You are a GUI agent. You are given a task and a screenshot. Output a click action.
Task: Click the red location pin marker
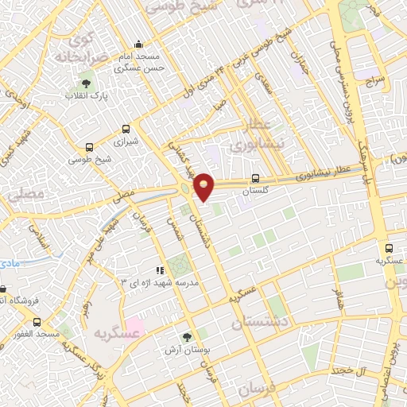coord(204,185)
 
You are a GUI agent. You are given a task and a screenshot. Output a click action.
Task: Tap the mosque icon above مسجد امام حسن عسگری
coord(139,44)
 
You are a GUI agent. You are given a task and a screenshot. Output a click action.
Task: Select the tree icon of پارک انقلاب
coord(86,83)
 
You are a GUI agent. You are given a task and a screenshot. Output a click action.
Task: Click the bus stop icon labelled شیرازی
coord(126,129)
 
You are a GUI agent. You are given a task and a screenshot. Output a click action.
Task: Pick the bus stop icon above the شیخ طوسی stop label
coord(87,147)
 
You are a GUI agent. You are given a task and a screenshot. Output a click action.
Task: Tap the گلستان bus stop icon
coord(254,179)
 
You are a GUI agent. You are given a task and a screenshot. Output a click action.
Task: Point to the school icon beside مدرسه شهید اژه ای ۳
coord(158,271)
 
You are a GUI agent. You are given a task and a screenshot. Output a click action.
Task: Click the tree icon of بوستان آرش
coord(187,338)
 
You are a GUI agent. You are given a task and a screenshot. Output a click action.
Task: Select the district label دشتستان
coord(262,324)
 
